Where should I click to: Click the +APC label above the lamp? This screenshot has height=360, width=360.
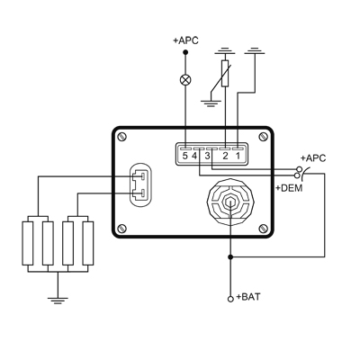coord(185,40)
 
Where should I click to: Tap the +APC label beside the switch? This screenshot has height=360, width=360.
coord(313,158)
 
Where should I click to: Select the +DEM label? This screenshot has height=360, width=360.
coord(289,188)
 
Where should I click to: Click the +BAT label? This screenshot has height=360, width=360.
coord(248,297)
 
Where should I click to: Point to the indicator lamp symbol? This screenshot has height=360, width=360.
coord(185,80)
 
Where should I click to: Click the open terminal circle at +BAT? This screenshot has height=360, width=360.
coord(230,299)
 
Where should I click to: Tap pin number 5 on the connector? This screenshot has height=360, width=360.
coord(185,156)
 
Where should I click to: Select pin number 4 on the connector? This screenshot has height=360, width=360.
coord(194,156)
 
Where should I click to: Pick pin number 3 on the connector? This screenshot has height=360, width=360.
coord(208,156)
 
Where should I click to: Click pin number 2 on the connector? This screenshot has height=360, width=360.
coord(225,156)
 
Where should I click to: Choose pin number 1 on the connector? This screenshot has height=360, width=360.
coord(238,156)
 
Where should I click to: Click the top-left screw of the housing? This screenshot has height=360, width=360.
coord(122,137)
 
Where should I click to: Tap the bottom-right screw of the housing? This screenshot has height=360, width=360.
coord(263,229)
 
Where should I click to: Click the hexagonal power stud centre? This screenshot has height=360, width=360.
coord(230,202)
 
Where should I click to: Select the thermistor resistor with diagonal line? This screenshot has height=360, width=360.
coord(225,74)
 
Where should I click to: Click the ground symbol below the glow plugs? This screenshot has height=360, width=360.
coord(58,301)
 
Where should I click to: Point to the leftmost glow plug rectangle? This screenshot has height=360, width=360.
coord(28,243)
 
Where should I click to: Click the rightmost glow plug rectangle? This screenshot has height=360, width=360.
coord(88,243)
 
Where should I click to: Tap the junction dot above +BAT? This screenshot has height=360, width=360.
coord(230,257)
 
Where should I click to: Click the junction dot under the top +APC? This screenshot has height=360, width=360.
coord(185,52)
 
